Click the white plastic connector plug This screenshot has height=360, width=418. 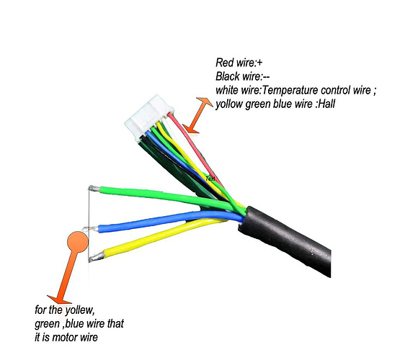coord(148,117)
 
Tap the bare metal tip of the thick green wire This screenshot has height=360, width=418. coord(94,189)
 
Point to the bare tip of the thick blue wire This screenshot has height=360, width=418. coord(91,229)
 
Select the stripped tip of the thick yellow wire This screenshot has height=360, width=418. coord(97,257)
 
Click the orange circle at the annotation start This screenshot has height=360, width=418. coord(78,242)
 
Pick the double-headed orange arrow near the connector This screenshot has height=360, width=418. coord(197,115)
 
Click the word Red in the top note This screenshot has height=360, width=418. coord(224,63)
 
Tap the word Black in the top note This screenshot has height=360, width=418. coord(228,76)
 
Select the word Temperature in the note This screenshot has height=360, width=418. coord(290,91)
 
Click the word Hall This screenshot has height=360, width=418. coord(326,104)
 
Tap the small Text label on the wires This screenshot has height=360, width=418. coord(210,179)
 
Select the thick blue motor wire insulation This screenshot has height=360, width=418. coord(171,220)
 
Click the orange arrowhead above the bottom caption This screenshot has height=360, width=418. coord(59,300)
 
